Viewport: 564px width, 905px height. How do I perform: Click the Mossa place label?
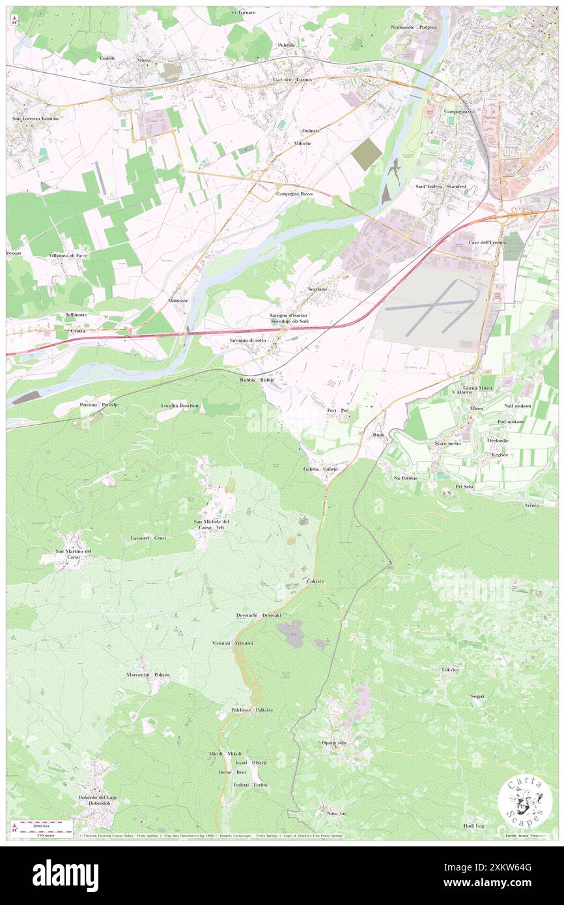pyautogui.click(x=144, y=60)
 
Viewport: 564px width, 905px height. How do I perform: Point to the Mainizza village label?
pyautogui.click(x=178, y=301)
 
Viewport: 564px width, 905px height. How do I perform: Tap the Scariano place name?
pyautogui.click(x=322, y=288)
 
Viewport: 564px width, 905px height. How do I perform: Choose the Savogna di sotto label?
pyautogui.click(x=247, y=341)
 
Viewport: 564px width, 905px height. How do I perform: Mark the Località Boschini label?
pyautogui.click(x=184, y=405)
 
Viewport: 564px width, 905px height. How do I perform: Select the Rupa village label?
pyautogui.click(x=378, y=434)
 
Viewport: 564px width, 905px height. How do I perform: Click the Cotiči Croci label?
pyautogui.click(x=148, y=538)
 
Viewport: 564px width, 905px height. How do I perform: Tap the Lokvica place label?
pyautogui.click(x=450, y=669)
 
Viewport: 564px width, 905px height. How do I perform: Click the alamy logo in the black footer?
pyautogui.click(x=65, y=875)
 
